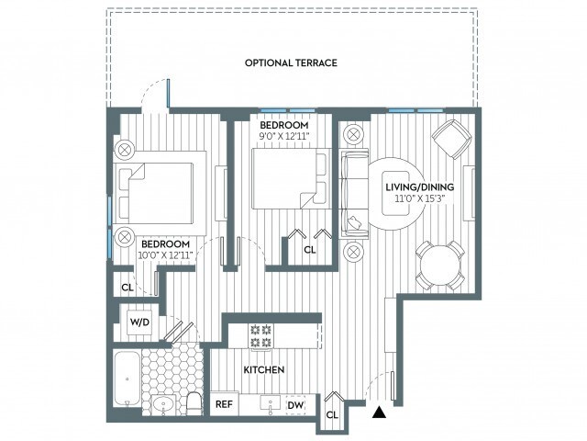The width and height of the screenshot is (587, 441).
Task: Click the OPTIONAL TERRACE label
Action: pos(291,62)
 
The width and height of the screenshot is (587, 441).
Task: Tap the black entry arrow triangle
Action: pos(380,412)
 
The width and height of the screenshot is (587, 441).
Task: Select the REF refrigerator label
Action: pos(224,404)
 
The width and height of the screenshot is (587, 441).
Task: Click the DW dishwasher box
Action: pos(295,405)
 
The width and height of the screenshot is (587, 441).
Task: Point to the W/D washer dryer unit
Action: pos(139,322)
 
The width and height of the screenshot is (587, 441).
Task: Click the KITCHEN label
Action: pos(264,370)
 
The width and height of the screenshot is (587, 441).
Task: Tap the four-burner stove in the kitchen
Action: pos(260,336)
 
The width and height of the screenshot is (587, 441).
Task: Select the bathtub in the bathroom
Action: pos(127,379)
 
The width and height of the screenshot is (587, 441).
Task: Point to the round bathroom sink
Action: pos(163,404)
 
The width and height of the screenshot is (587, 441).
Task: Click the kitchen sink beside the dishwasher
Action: pos(270,403)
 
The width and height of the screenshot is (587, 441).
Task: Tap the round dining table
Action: pos(440,266)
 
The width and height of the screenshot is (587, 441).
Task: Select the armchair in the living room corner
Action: pos(451,139)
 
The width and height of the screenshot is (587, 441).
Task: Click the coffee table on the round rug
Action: pos(395,193)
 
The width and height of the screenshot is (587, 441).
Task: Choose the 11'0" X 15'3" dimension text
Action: pos(420,198)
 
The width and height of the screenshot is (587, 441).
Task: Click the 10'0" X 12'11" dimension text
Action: pos(165,255)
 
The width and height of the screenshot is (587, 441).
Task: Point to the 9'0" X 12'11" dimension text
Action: pos(284,136)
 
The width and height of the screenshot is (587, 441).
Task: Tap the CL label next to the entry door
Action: pos(332,415)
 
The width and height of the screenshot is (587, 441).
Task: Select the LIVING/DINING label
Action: pos(420,187)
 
